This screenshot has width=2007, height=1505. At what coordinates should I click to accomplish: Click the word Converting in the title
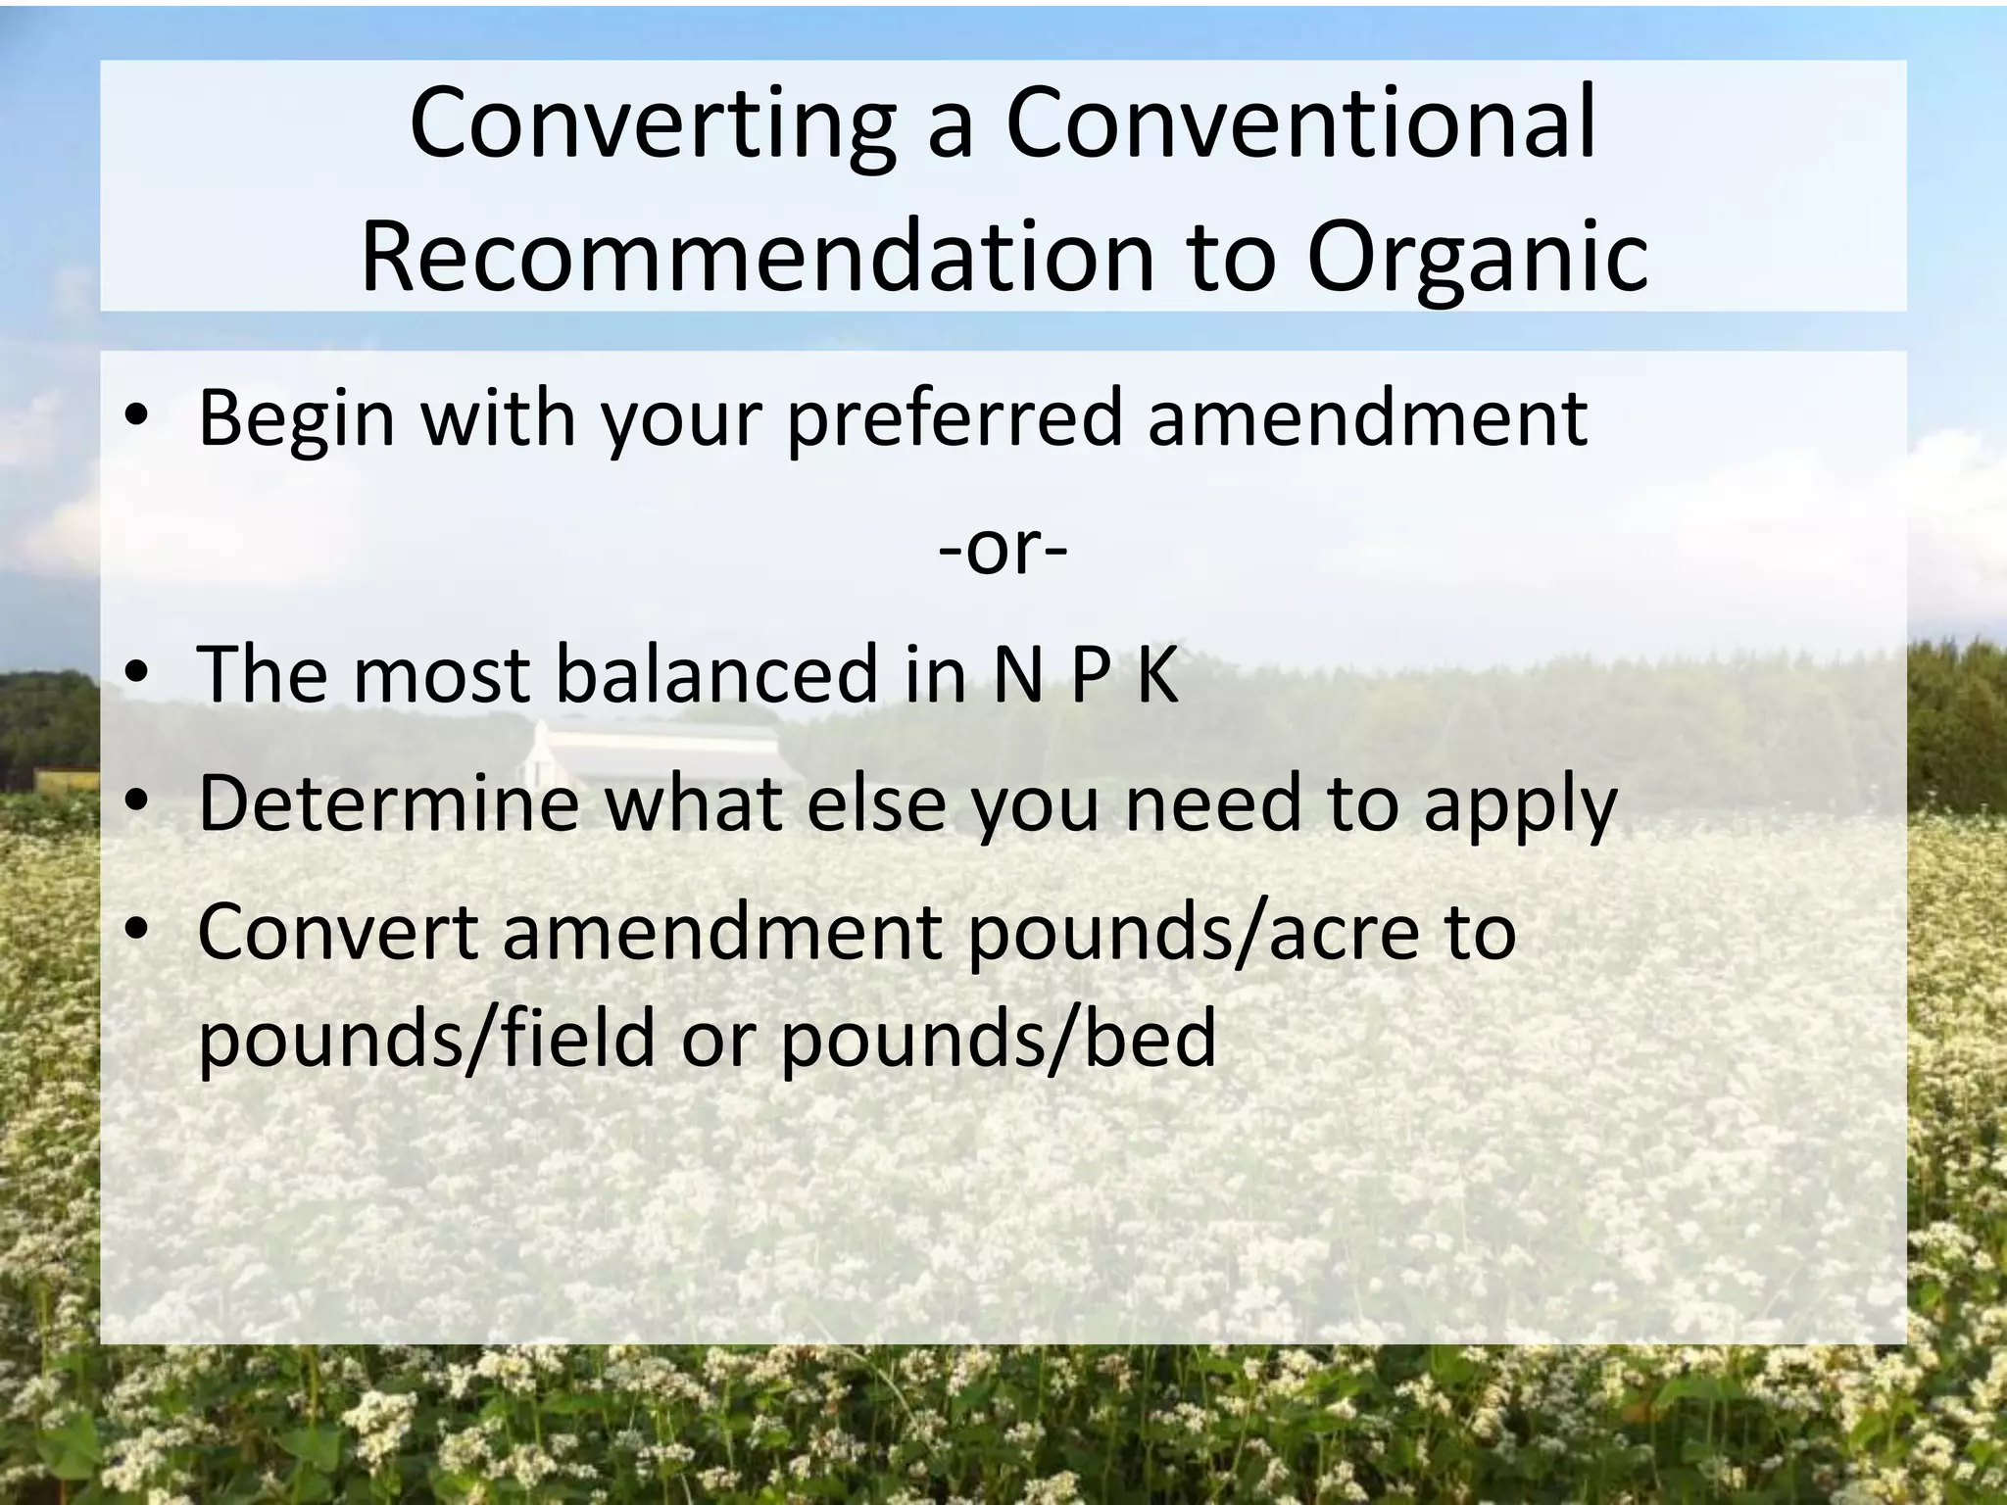[x=652, y=124]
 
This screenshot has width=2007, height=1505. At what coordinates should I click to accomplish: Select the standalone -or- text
[x=1003, y=549]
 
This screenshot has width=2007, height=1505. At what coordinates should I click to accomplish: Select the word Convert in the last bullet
[x=337, y=932]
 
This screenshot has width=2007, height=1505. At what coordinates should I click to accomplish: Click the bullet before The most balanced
[x=137, y=674]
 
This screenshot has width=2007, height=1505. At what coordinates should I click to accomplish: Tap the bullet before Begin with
[x=137, y=415]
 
